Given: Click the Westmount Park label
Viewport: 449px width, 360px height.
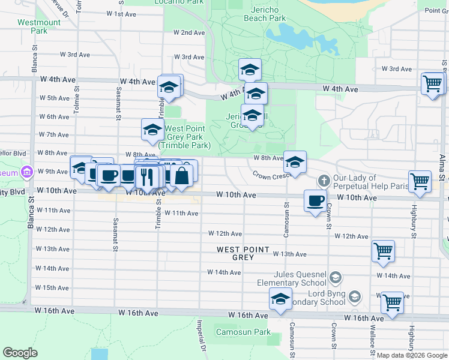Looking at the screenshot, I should click(x=39, y=26).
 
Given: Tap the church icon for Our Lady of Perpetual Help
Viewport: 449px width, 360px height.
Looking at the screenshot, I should click(x=324, y=180).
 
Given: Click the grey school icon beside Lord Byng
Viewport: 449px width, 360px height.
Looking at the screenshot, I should click(x=354, y=296).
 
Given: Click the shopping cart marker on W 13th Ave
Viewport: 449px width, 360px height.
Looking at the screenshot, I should click(x=383, y=251).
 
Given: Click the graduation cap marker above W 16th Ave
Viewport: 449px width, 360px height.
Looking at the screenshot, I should click(x=280, y=299).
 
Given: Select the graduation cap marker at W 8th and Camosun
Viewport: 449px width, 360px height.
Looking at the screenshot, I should click(x=295, y=162).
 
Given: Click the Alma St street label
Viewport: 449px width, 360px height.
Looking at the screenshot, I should click(x=442, y=166).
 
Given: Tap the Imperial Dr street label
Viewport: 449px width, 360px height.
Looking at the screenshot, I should click(x=201, y=335).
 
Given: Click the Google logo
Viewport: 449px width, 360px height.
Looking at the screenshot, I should click(x=20, y=353).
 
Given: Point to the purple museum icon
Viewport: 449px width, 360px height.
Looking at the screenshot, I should click(x=25, y=173).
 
